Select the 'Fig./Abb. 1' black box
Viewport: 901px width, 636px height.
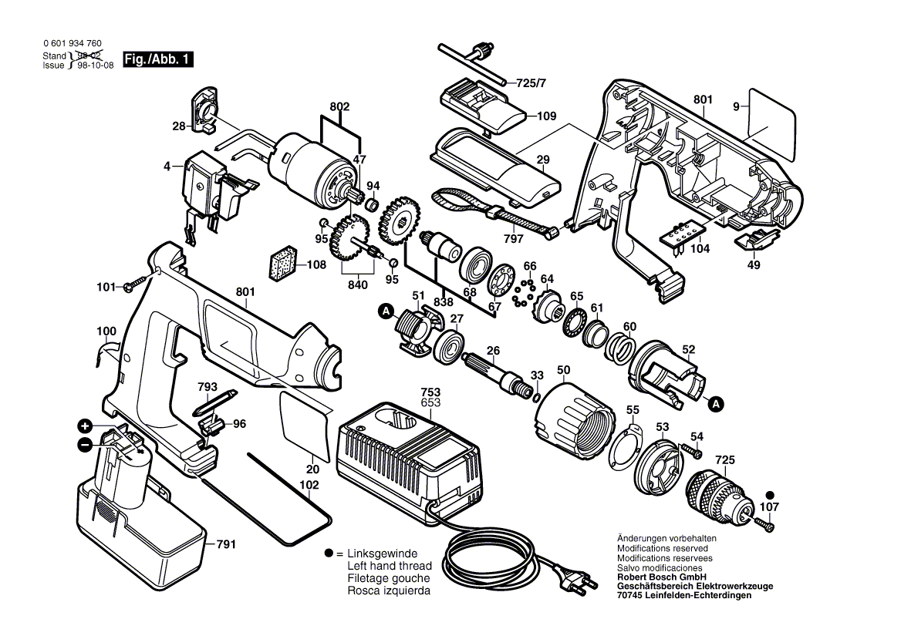[x=157, y=59]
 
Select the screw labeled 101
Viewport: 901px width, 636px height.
[x=131, y=287]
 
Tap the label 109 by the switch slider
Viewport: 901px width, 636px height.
[x=547, y=116]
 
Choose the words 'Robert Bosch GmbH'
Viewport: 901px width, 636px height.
[x=661, y=577]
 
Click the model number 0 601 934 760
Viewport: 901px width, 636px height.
[x=73, y=45]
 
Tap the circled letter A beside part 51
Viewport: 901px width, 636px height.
[x=385, y=311]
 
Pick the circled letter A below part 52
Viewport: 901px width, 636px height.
[x=716, y=402]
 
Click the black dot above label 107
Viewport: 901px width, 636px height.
[x=769, y=495]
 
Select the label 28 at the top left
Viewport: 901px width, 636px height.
[x=179, y=126]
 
